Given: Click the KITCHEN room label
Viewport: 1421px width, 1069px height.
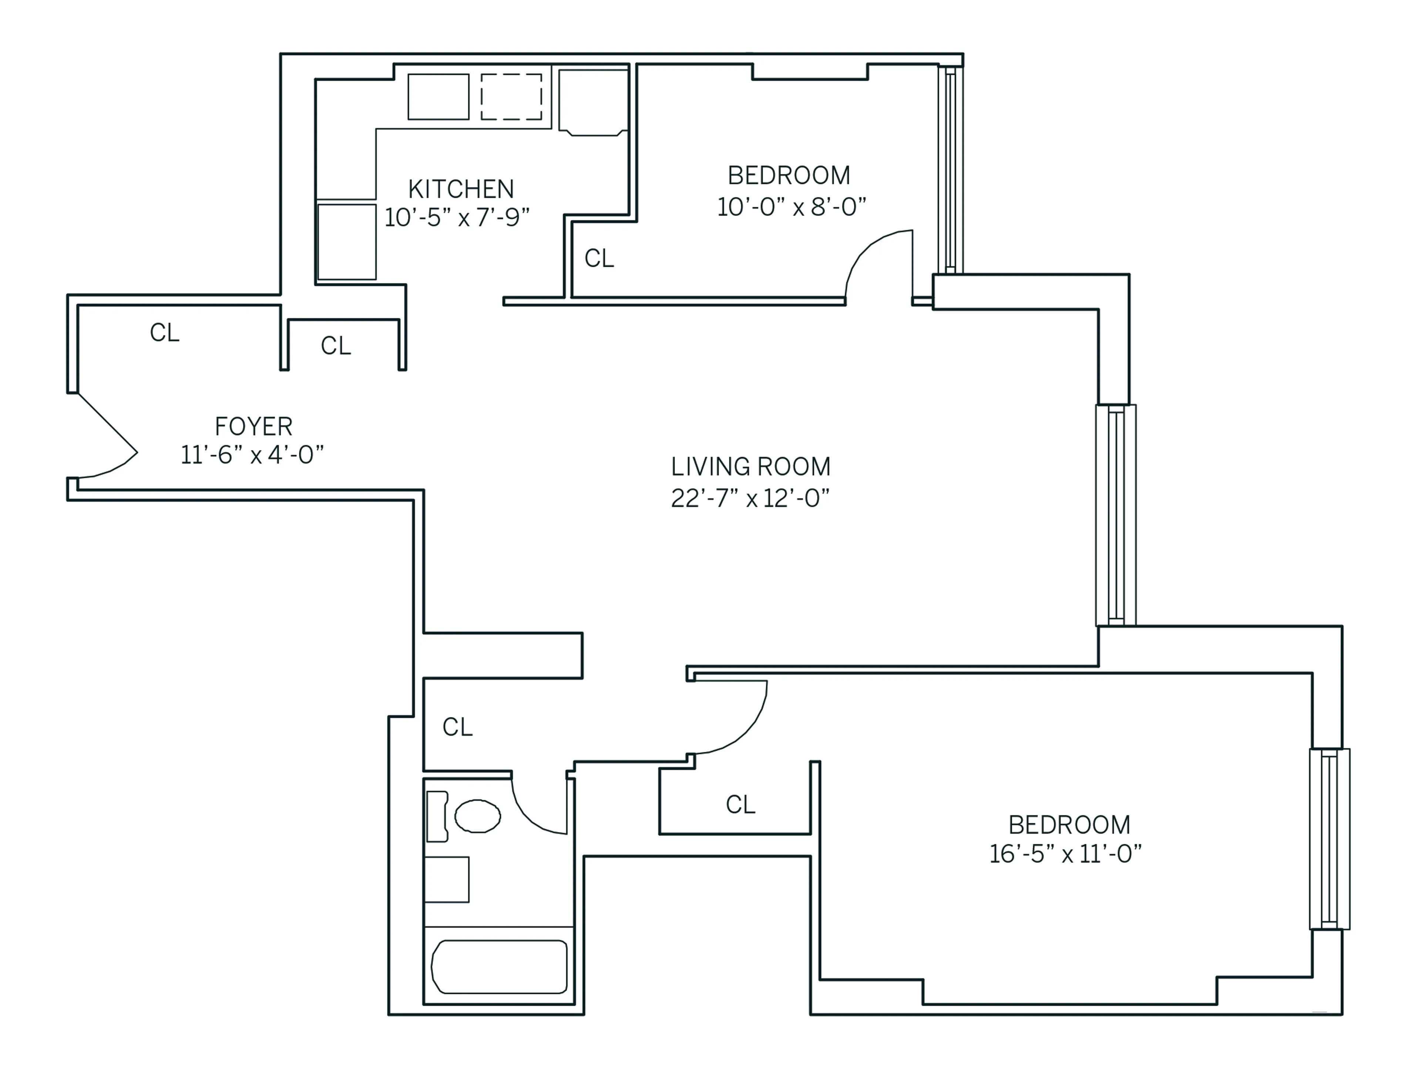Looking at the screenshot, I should tap(461, 189).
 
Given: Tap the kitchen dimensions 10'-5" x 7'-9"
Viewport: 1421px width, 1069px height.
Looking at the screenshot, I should tap(457, 218).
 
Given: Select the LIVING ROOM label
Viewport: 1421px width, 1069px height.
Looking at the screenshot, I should tap(750, 466).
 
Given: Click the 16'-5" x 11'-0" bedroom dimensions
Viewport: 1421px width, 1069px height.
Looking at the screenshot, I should tap(1065, 854).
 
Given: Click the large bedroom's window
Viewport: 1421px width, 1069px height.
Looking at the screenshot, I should tap(1329, 838).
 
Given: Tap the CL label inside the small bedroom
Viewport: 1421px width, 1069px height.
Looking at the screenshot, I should tap(599, 258).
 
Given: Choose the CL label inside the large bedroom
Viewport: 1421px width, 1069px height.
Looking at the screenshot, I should tap(740, 804).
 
